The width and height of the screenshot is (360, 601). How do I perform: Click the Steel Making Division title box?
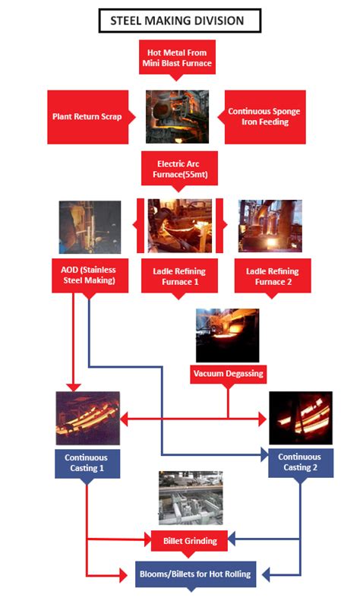click(x=179, y=21)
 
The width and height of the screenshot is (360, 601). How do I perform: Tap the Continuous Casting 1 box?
click(x=86, y=463)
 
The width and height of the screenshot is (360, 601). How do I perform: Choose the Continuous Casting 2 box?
click(x=300, y=463)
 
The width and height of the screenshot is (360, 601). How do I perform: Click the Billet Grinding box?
click(x=190, y=541)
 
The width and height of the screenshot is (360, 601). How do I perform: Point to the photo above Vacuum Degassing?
click(x=227, y=334)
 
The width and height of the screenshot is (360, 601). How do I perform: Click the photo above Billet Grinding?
click(x=191, y=498)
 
